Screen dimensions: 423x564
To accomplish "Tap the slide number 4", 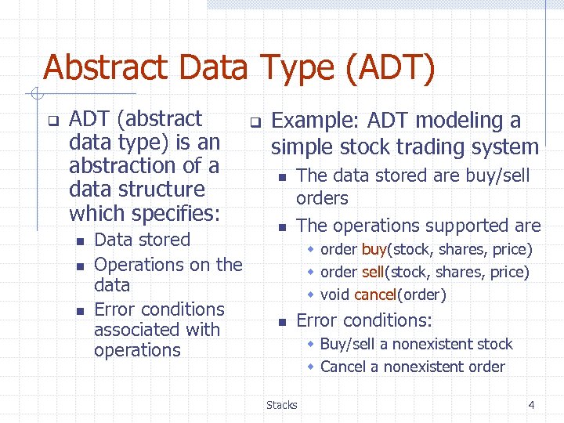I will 531,405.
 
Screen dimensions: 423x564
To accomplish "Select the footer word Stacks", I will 281,405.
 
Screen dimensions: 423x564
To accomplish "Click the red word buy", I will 374,250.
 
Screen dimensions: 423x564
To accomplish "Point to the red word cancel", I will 379,295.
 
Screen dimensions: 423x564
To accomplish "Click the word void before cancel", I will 335,295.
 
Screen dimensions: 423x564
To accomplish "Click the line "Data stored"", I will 142,240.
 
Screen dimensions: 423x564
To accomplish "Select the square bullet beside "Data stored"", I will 79,241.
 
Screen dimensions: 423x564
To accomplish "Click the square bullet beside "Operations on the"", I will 79,266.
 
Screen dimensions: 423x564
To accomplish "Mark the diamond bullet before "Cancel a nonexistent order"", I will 310,367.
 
